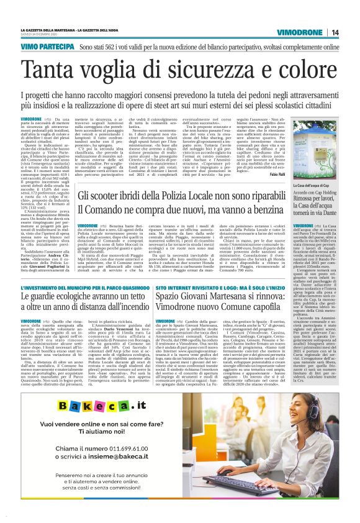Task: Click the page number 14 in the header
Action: [335, 32]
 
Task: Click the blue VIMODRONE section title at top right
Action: [299, 32]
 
